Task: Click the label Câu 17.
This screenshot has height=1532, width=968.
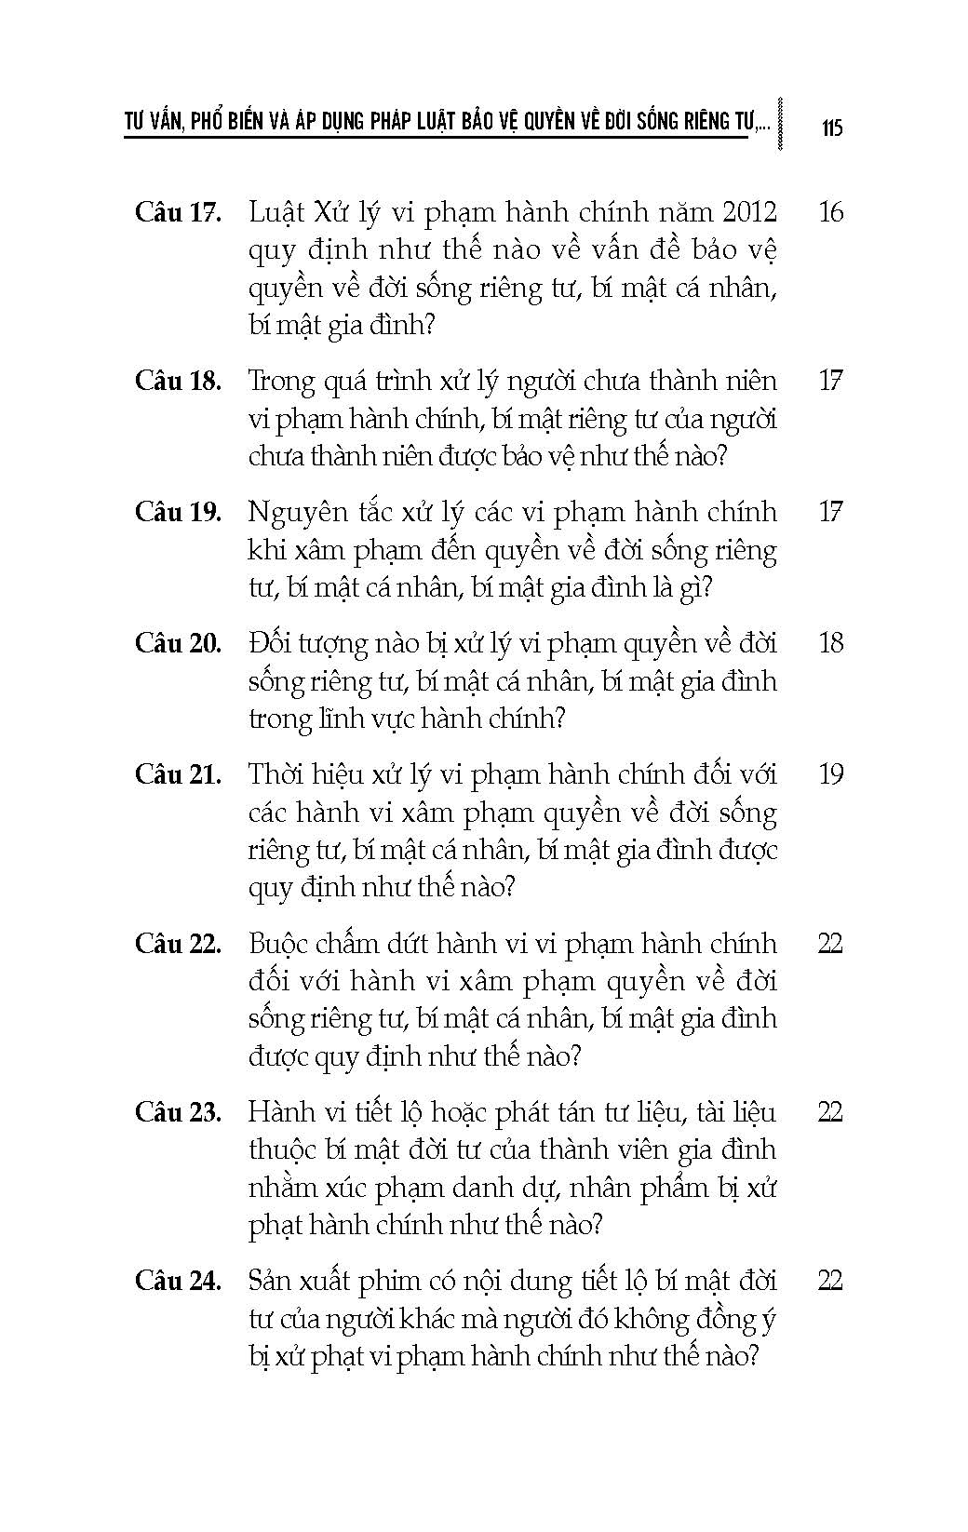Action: point(178,212)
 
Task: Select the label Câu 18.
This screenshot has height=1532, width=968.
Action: point(178,381)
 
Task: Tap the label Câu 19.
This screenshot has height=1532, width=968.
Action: point(178,512)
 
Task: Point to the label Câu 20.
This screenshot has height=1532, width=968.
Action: point(178,643)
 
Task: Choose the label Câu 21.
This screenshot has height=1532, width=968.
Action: point(178,774)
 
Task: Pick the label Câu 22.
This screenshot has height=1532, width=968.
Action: point(178,944)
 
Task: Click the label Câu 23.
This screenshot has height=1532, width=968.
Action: point(178,1112)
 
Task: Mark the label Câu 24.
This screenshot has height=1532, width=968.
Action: point(178,1281)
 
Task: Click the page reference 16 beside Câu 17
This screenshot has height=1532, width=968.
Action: point(830,212)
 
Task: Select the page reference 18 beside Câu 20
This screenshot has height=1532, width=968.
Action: point(830,643)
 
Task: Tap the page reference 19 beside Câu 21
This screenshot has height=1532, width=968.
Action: point(830,774)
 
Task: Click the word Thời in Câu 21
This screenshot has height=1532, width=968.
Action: point(278,774)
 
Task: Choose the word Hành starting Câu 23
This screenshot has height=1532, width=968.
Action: point(283,1112)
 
